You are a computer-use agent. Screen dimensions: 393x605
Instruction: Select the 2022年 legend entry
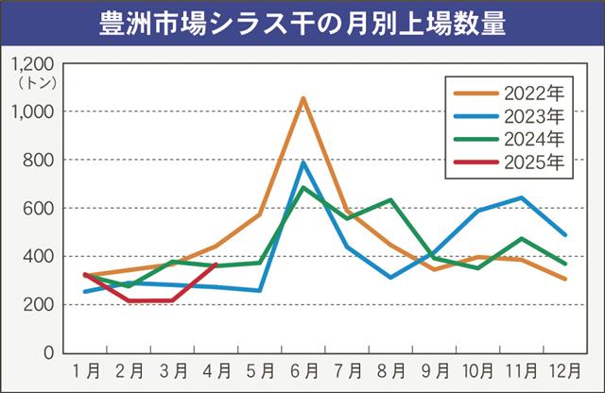point(510,93)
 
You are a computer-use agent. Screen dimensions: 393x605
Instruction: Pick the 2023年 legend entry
point(510,116)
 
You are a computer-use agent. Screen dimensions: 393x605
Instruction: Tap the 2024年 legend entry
point(510,140)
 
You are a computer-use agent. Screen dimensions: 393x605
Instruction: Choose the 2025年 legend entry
point(510,162)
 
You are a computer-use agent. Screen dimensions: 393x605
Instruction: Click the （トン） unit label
point(36,82)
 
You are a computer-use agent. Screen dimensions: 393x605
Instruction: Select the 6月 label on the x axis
point(302,368)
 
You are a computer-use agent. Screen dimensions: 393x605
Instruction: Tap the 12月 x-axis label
point(565,368)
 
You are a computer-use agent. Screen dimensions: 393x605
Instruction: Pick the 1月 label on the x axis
point(85,368)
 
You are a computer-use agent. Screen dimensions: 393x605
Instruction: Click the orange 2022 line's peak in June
point(302,97)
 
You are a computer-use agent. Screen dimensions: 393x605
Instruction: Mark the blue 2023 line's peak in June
point(302,162)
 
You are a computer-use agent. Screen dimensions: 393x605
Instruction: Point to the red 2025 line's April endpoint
point(216,265)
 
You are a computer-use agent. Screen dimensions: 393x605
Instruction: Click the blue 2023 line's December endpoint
point(565,235)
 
